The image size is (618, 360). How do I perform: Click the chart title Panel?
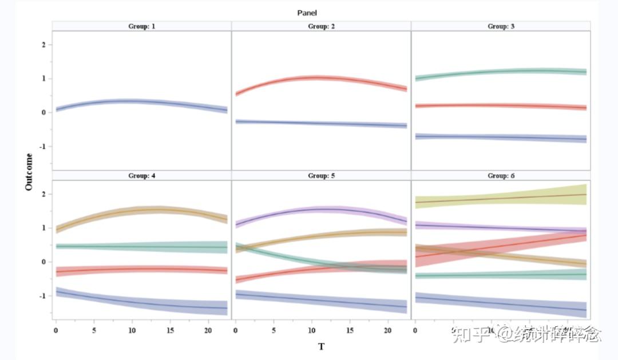(x=307, y=13)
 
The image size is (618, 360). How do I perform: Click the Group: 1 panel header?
(x=141, y=26)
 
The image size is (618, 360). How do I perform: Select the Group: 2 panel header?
(x=321, y=26)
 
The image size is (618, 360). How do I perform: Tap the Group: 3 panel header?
(x=501, y=26)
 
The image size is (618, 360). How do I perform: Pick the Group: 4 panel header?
(x=141, y=176)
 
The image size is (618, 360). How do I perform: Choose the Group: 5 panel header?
(x=321, y=176)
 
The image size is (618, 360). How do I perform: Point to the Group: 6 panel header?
(x=501, y=176)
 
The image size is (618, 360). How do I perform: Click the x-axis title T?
(x=321, y=347)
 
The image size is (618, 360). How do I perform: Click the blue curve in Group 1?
(x=132, y=101)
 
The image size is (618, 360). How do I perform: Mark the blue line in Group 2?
(x=320, y=123)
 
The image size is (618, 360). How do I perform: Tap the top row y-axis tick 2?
(x=43, y=45)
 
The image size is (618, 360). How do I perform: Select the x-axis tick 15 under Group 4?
(x=170, y=331)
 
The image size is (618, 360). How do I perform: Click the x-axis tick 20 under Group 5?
(x=387, y=331)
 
